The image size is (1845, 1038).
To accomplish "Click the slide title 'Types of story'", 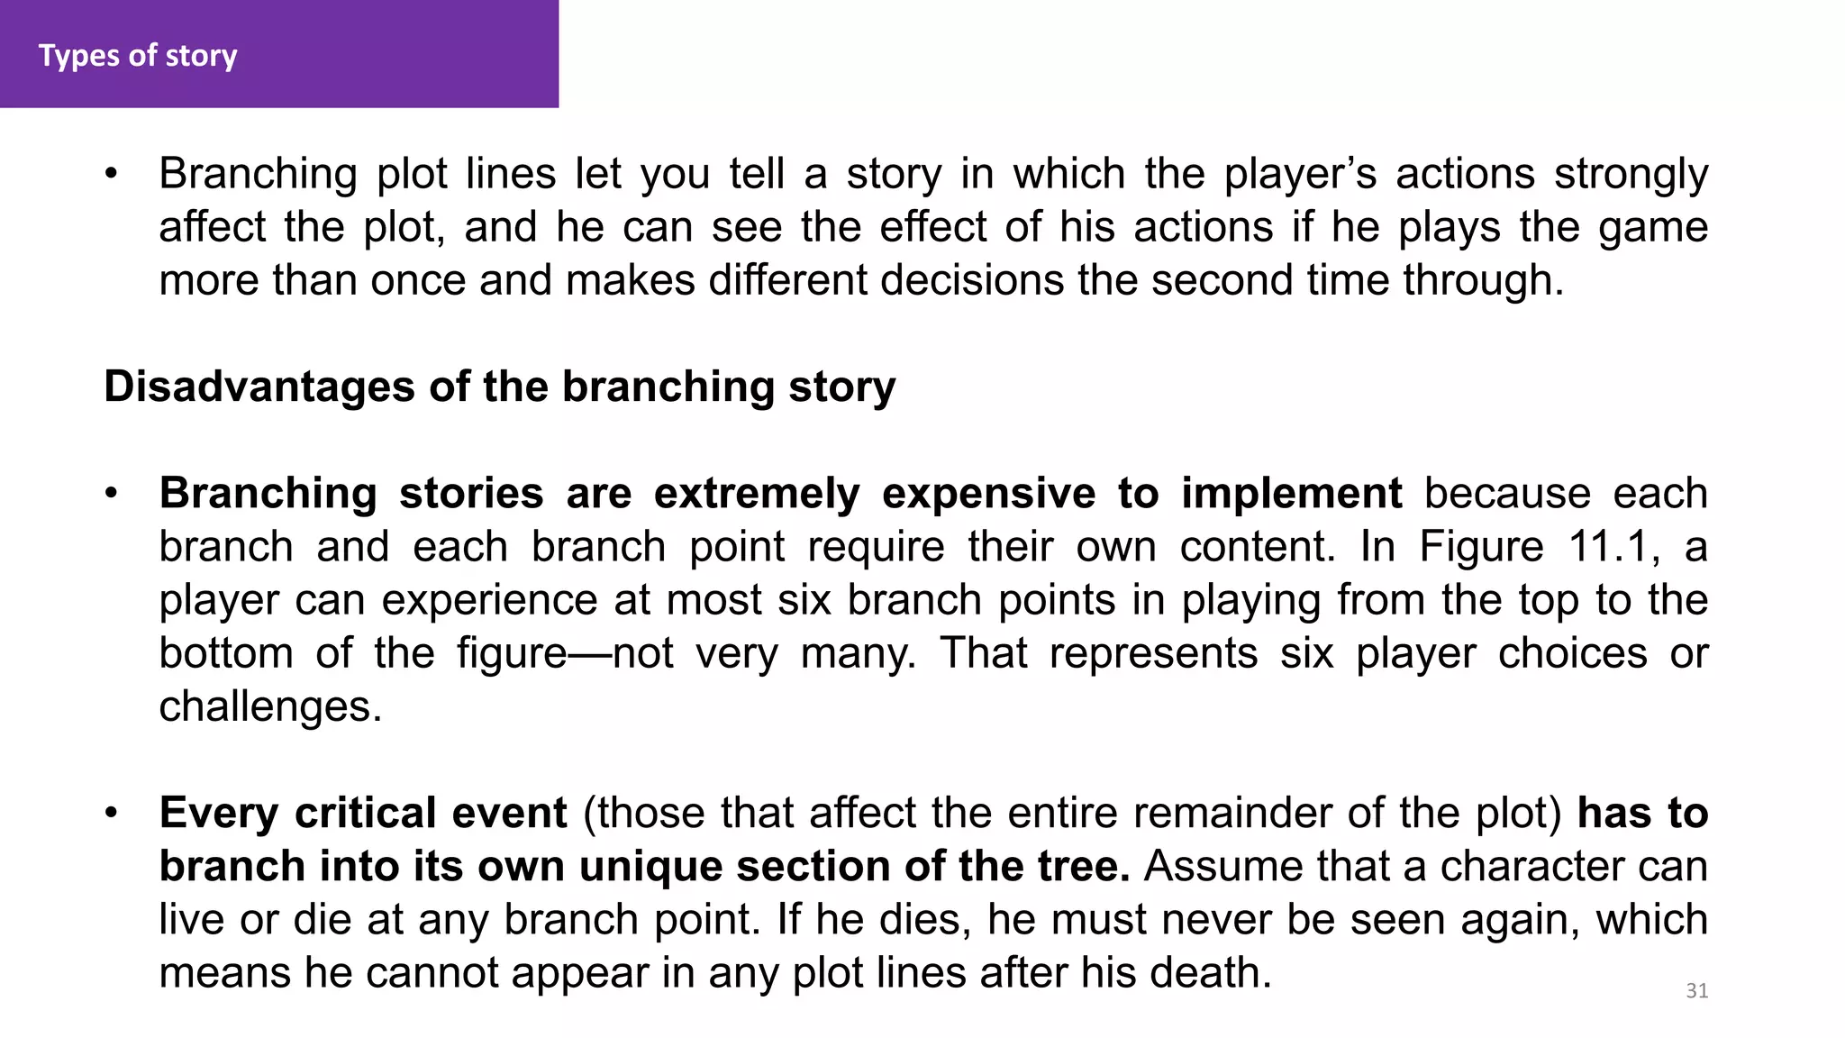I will coord(138,56).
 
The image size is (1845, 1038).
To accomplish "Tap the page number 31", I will coord(1696,991).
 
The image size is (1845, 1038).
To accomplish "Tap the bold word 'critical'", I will coord(366,814).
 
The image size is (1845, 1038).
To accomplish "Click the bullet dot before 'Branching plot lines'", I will coord(111,174).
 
